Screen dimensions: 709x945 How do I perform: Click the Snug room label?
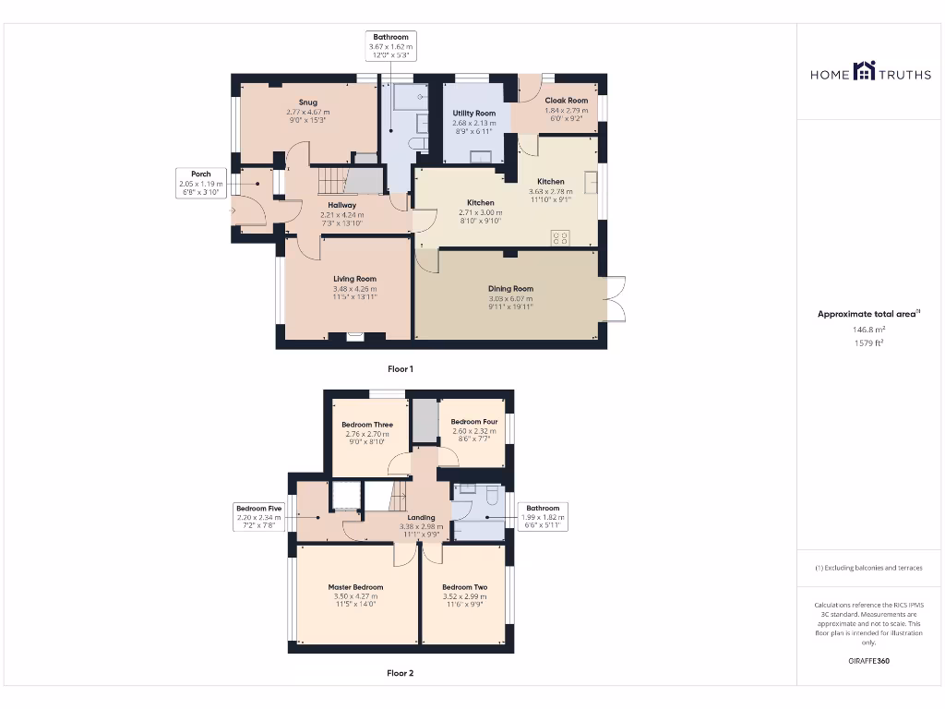click(x=308, y=102)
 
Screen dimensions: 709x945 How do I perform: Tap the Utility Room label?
click(x=474, y=114)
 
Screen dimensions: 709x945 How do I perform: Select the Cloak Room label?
click(x=566, y=101)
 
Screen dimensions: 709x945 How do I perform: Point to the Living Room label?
click(x=354, y=279)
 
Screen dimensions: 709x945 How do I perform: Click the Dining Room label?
click(x=510, y=289)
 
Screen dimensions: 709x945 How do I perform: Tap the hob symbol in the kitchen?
click(x=559, y=238)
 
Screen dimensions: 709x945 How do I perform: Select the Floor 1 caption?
click(x=400, y=369)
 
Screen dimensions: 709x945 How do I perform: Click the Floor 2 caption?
click(x=400, y=674)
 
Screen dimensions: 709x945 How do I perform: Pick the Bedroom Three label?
click(x=367, y=426)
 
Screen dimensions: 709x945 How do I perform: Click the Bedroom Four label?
click(x=474, y=422)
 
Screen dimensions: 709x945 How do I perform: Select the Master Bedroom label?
click(x=355, y=587)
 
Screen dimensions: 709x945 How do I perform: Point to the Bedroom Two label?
click(x=464, y=587)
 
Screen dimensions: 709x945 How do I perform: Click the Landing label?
click(x=421, y=518)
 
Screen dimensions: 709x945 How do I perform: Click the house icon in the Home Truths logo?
click(x=864, y=71)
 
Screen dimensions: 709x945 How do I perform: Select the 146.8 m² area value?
click(x=867, y=329)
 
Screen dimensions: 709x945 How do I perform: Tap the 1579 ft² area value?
click(x=867, y=343)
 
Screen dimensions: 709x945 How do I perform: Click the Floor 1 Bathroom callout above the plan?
click(x=390, y=46)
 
